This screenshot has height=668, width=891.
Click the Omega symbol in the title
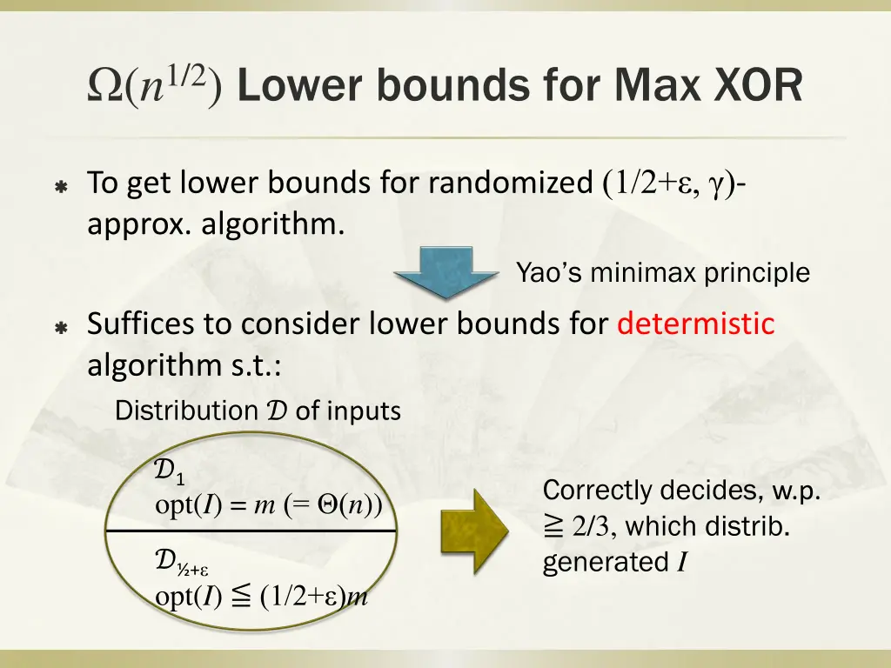pos(106,88)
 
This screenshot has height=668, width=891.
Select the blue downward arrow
pos(432,272)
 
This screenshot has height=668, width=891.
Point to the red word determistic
pos(695,324)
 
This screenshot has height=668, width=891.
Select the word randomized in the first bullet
pos(510,184)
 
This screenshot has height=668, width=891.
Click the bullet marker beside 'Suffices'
pos(61,328)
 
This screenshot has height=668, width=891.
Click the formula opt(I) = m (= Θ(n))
pos(268,505)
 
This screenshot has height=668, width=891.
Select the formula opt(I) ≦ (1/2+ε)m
pos(261,597)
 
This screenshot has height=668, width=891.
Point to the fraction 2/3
pos(593,527)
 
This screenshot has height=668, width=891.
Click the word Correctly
pos(598,491)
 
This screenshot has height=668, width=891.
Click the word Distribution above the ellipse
pos(186,411)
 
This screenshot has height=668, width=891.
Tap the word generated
pos(606,563)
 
